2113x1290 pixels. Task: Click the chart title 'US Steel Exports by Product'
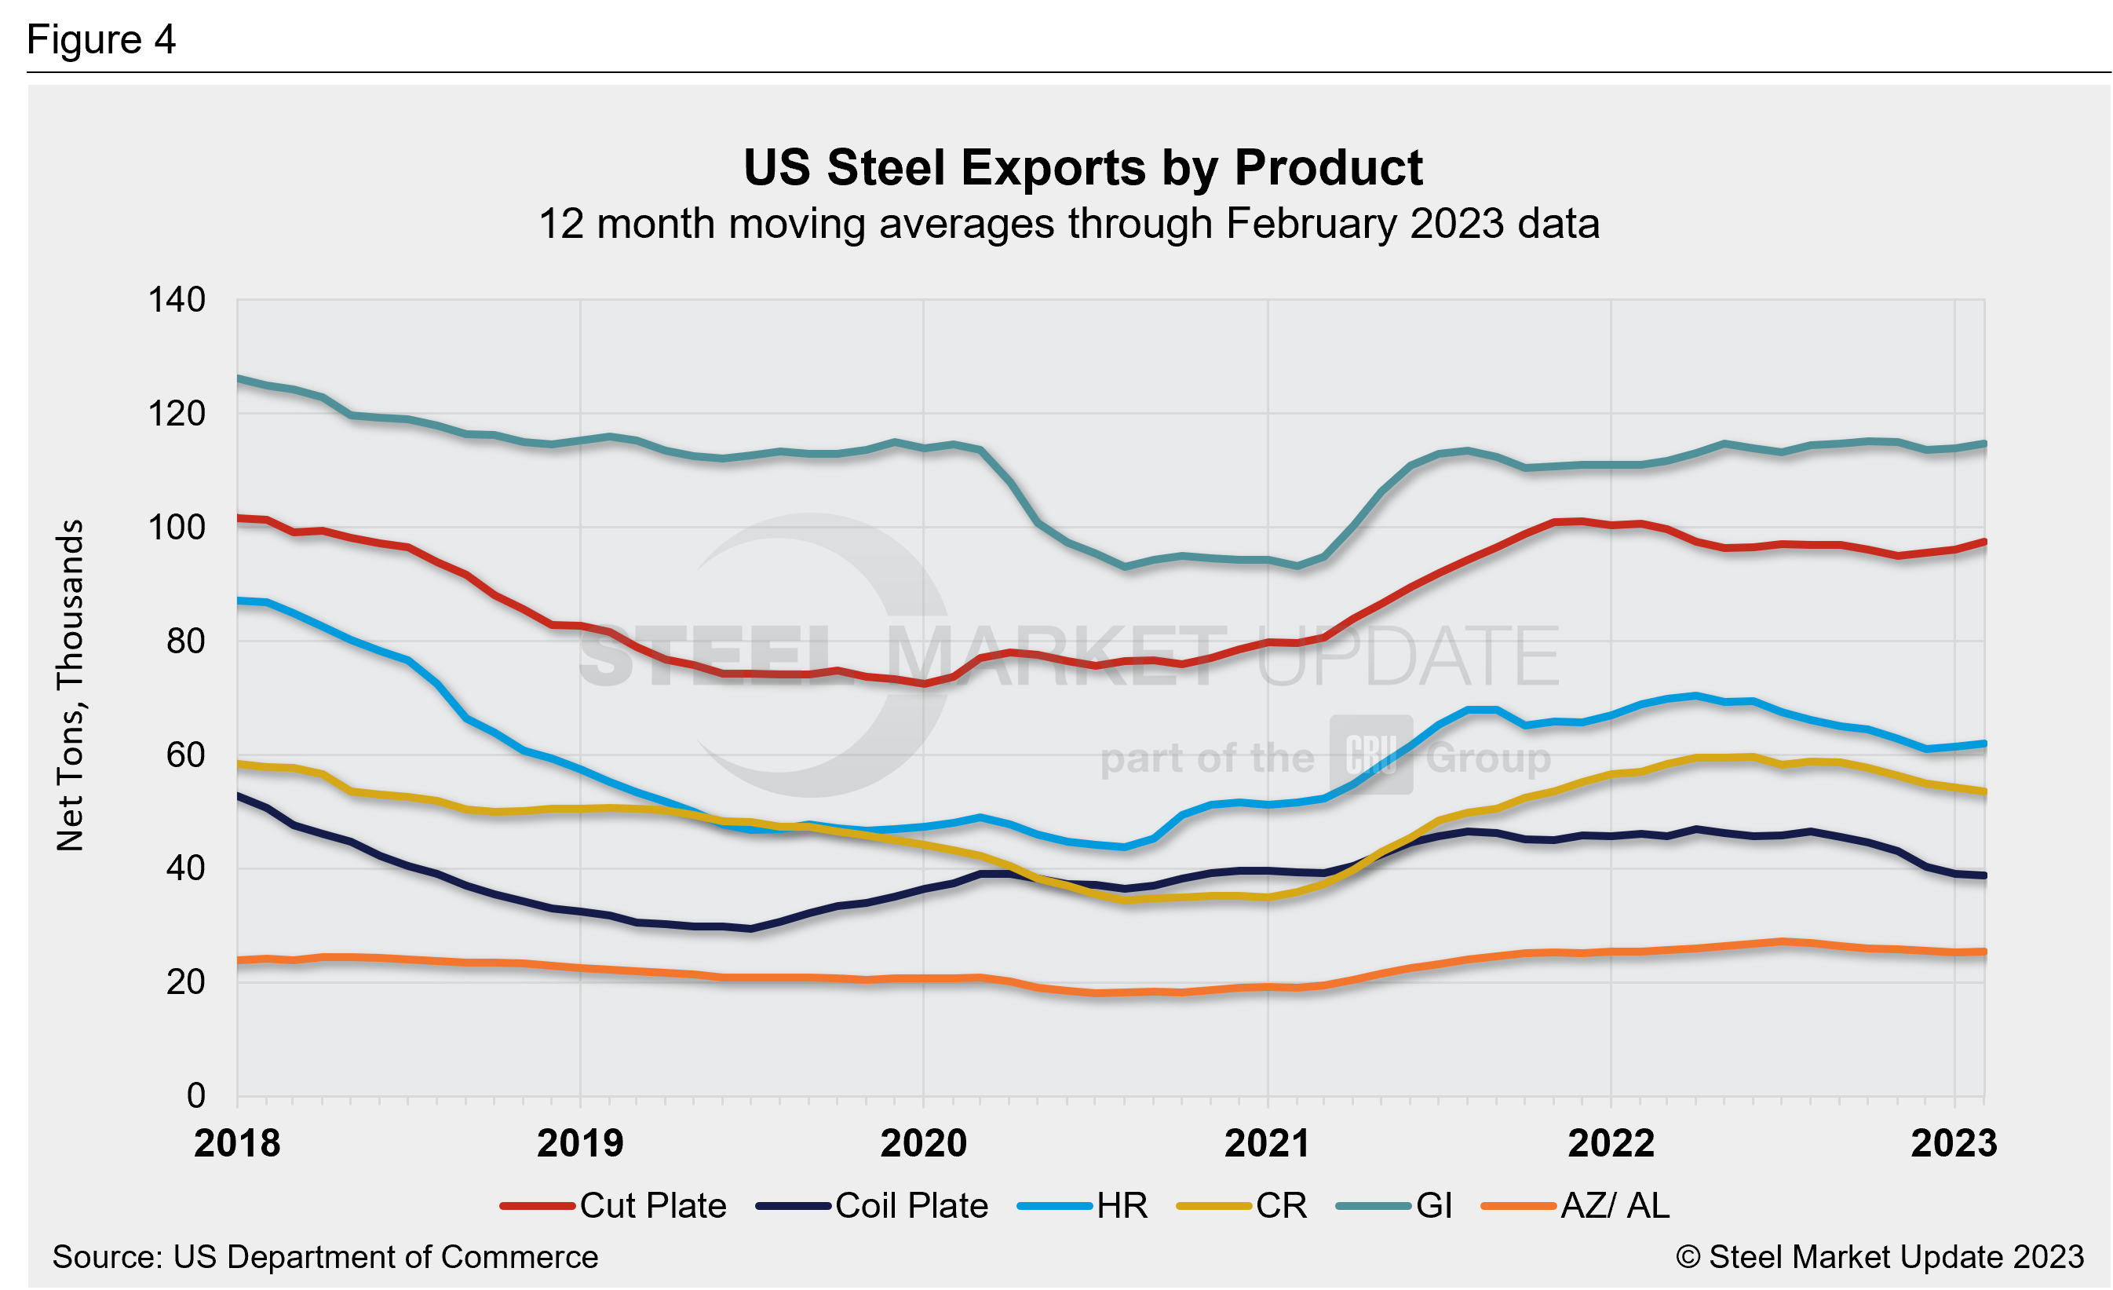click(x=1082, y=167)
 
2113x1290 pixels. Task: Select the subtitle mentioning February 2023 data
click(x=1068, y=224)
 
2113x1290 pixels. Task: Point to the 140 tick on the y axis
click(x=177, y=300)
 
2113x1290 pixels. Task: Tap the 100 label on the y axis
click(x=177, y=528)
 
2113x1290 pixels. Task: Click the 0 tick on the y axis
click(x=196, y=1096)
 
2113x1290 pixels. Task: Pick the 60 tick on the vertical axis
click(x=186, y=755)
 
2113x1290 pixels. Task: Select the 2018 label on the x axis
click(x=237, y=1144)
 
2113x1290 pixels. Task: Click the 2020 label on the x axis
click(x=924, y=1144)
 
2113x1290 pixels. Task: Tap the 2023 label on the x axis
click(x=1954, y=1144)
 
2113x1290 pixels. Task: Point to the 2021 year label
click(x=1267, y=1144)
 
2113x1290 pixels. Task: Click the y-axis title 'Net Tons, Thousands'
click(x=71, y=685)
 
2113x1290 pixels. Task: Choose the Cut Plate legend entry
click(x=614, y=1206)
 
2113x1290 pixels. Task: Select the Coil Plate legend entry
click(x=872, y=1206)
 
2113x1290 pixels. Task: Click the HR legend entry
click(x=1083, y=1206)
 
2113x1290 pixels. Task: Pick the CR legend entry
click(x=1243, y=1206)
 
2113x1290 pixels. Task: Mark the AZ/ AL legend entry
click(x=1576, y=1206)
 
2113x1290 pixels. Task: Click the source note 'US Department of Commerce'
click(x=325, y=1257)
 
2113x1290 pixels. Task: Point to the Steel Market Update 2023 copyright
click(x=1879, y=1257)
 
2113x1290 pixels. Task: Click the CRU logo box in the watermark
click(x=1371, y=755)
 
